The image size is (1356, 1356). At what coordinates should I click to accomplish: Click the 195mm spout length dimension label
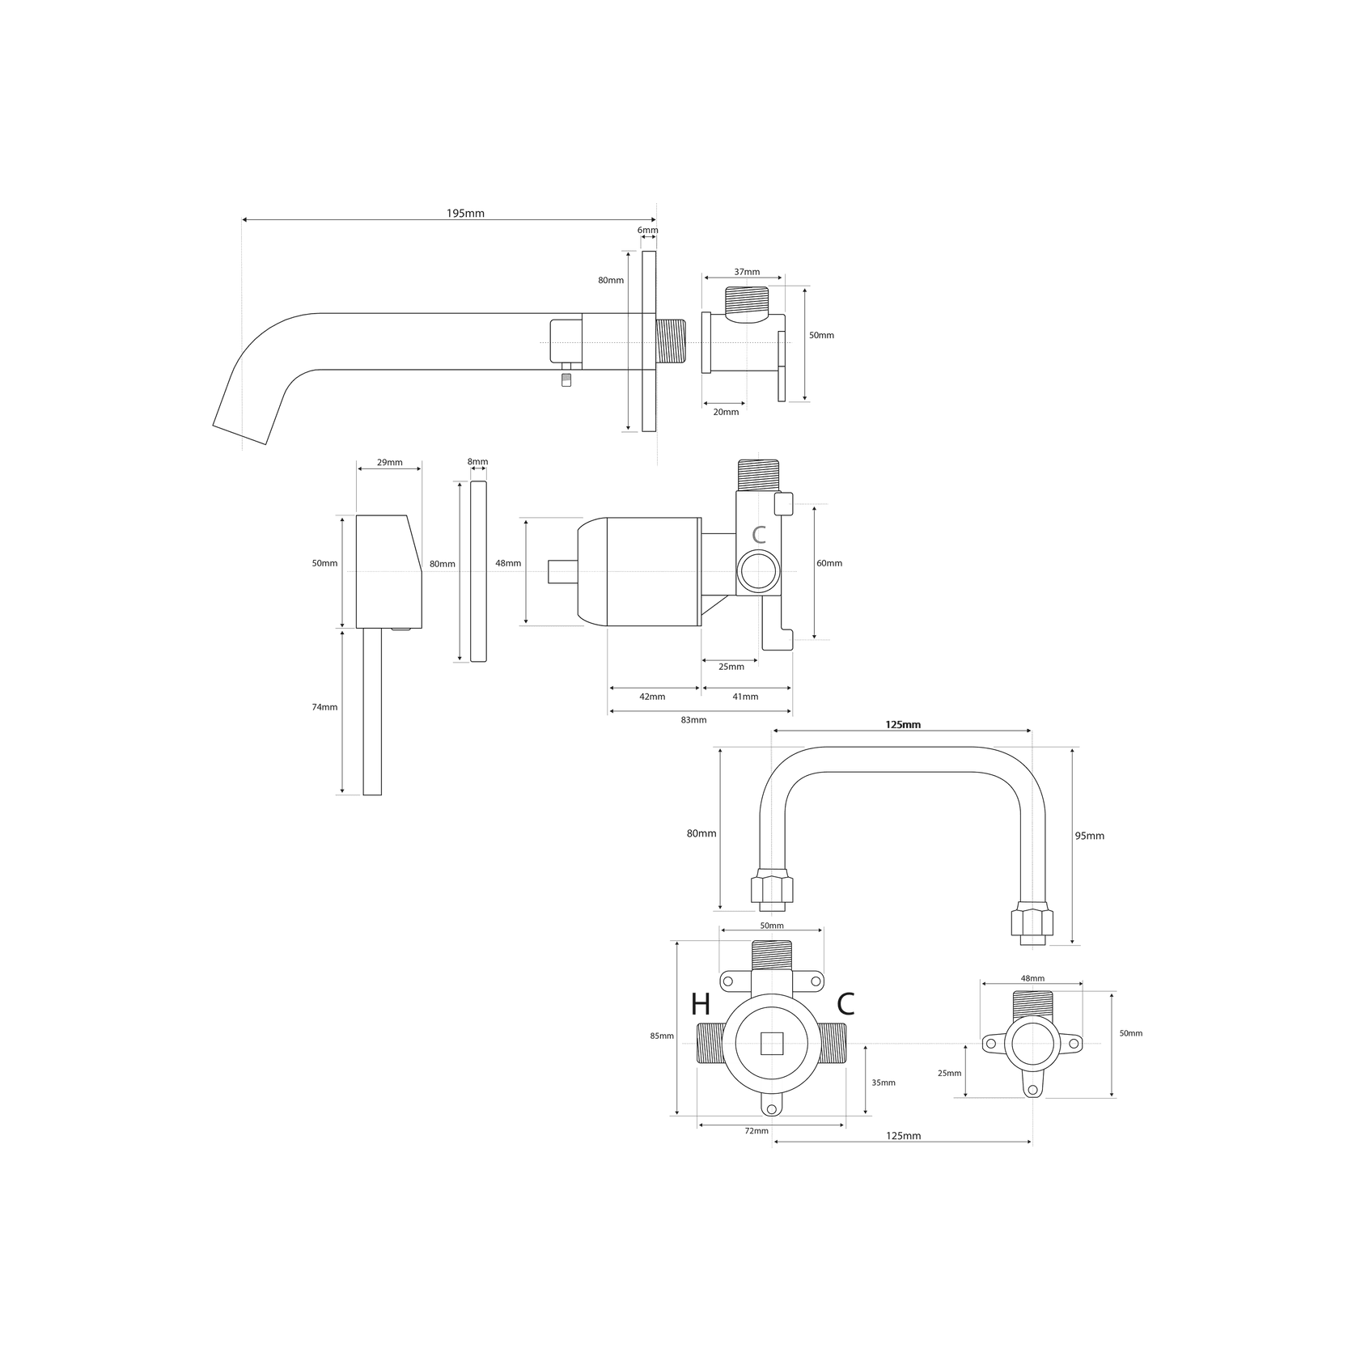pyautogui.click(x=465, y=214)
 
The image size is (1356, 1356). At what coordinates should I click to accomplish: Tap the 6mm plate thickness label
pyautogui.click(x=647, y=231)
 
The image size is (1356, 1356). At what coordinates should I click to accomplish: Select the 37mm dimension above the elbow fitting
pyautogui.click(x=747, y=272)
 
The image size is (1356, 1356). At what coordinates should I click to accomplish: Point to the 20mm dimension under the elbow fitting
pyautogui.click(x=726, y=412)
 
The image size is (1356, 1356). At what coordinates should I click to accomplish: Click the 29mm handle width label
pyautogui.click(x=389, y=463)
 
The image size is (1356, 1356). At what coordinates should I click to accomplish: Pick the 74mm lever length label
pyautogui.click(x=324, y=707)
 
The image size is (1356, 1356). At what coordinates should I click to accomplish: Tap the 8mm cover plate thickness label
pyautogui.click(x=478, y=462)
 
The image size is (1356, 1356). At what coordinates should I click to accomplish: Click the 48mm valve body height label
pyautogui.click(x=508, y=563)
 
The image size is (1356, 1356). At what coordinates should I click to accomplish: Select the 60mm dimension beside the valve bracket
pyautogui.click(x=829, y=563)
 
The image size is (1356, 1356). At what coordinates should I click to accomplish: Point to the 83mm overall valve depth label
pyautogui.click(x=693, y=720)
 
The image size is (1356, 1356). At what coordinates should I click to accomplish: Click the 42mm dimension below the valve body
pyautogui.click(x=652, y=697)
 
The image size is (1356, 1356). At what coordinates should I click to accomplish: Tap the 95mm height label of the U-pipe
pyautogui.click(x=1089, y=836)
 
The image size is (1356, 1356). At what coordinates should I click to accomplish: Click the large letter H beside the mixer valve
pyautogui.click(x=701, y=1005)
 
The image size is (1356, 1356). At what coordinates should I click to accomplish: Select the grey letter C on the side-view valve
pyautogui.click(x=758, y=535)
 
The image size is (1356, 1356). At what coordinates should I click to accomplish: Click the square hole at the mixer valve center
pyautogui.click(x=773, y=1044)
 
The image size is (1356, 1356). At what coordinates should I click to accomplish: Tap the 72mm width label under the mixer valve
pyautogui.click(x=756, y=1131)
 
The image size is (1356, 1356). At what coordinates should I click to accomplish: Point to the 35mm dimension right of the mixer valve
pyautogui.click(x=884, y=1083)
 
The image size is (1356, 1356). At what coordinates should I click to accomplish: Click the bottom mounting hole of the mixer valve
pyautogui.click(x=772, y=1109)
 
